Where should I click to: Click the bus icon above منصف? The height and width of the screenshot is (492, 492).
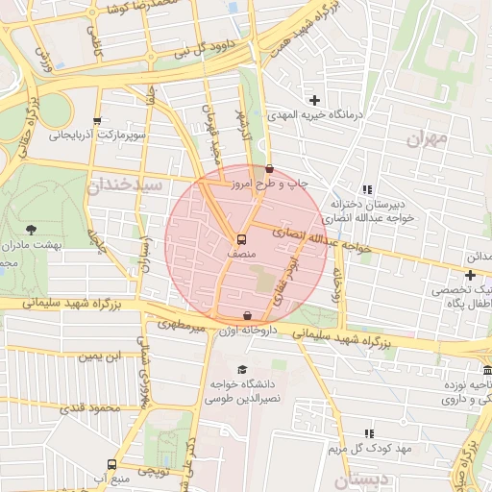242,239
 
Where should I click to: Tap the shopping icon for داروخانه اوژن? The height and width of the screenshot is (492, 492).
248,315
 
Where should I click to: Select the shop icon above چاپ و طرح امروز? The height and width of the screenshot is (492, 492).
269,169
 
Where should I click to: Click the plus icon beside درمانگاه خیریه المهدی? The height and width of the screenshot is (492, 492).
314,100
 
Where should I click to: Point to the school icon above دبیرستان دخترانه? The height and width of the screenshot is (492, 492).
366,189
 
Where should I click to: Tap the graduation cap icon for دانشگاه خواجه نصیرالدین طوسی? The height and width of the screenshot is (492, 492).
242,369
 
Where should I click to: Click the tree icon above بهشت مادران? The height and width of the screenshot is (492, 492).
32,230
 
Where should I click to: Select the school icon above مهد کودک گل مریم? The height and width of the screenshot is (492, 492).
368,434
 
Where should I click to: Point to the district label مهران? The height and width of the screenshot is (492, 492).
427,138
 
